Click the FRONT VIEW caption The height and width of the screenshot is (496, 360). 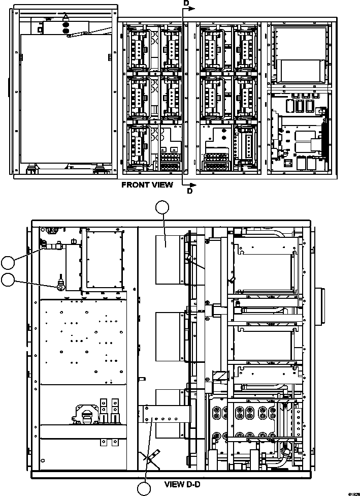point(147,185)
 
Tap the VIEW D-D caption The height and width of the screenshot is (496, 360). point(185,484)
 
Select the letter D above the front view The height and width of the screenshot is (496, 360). point(186,4)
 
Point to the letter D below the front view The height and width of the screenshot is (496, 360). point(189,192)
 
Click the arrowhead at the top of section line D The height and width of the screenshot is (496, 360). point(191,8)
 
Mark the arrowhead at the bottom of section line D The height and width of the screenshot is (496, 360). point(191,184)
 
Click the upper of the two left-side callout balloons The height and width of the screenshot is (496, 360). point(8,262)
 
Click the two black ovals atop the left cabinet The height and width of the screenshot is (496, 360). point(65,27)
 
